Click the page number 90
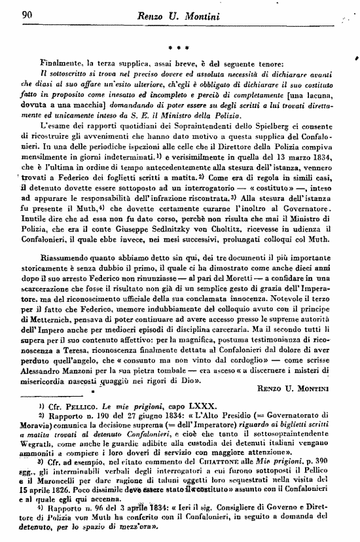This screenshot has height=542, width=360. point(27,16)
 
